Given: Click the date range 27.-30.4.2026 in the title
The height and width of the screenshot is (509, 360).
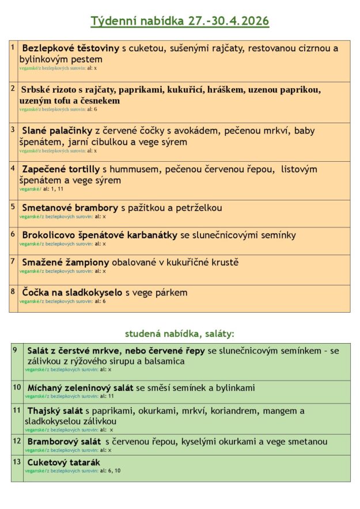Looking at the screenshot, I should tap(229, 21).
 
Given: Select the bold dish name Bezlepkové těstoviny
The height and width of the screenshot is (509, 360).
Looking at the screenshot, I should tap(70, 48).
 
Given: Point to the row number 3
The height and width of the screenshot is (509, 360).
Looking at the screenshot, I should tap(13, 130).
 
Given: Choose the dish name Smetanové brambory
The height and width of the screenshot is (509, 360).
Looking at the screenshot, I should tap(70, 208).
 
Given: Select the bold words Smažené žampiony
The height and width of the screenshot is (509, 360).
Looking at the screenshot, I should tap(66, 263).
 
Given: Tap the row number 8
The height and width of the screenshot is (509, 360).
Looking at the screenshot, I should tap(13, 291).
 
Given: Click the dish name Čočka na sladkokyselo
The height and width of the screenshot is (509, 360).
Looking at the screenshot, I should tap(72, 293).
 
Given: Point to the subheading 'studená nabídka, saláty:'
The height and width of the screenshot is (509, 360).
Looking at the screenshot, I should tap(180, 333).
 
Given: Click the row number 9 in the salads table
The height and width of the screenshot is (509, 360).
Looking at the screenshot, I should tap(15, 350).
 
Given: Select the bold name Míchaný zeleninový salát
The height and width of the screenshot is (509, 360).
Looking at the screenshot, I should tap(80, 388).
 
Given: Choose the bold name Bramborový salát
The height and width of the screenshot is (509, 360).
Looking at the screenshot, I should tap(64, 442).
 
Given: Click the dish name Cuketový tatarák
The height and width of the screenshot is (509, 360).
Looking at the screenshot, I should tap(63, 462).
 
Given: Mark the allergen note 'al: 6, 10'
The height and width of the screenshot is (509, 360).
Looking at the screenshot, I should tap(110, 471).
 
